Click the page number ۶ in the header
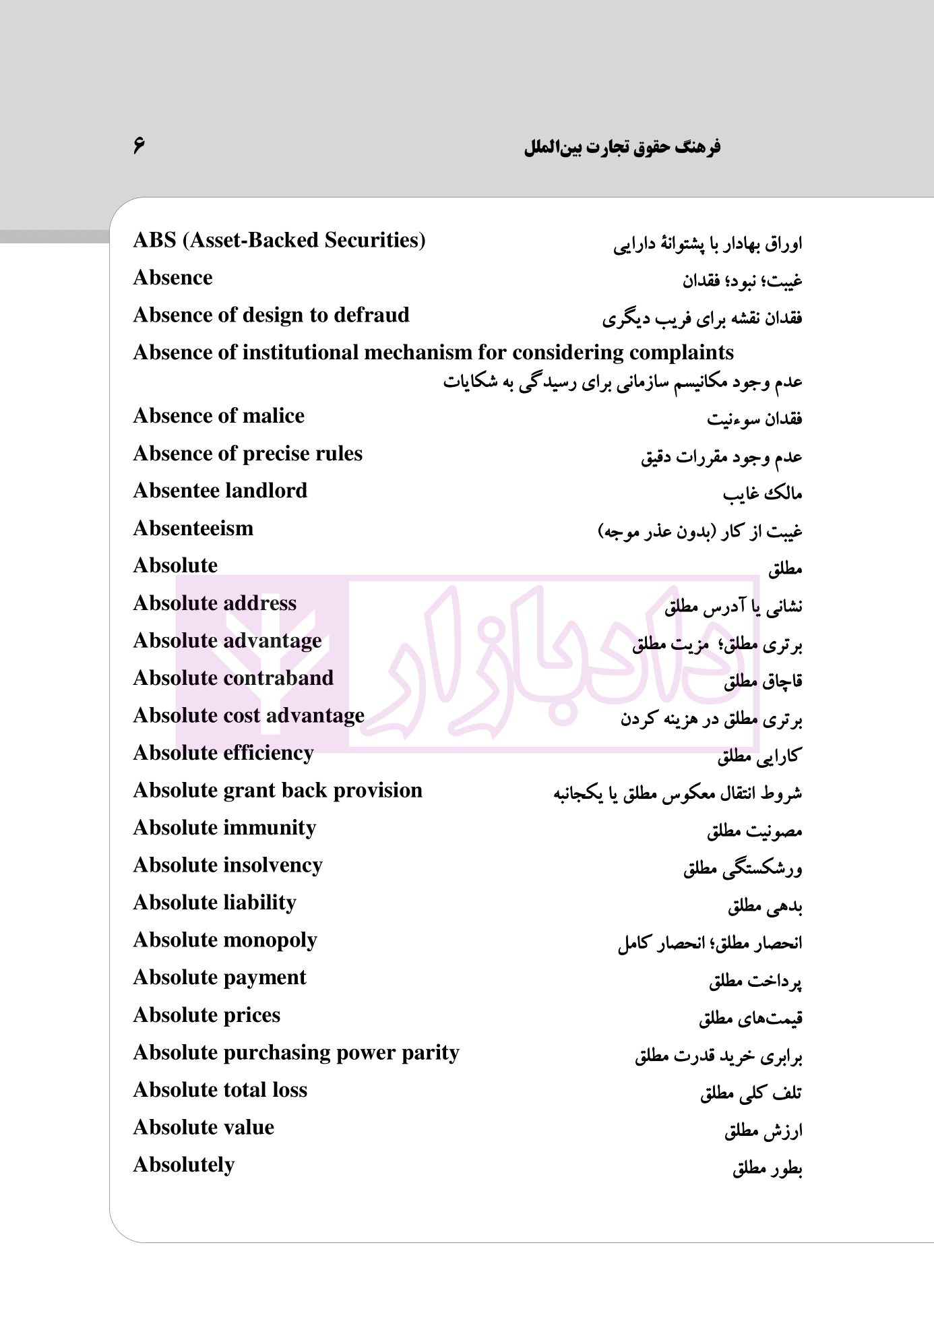[x=139, y=145]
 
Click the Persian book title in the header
[x=622, y=147]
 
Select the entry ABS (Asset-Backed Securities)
[x=279, y=240]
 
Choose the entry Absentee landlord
[x=220, y=491]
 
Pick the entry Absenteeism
[x=193, y=529]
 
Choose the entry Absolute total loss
[x=220, y=1090]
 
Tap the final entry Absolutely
[x=183, y=1165]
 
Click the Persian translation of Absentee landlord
[x=762, y=494]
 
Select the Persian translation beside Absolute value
[x=763, y=1130]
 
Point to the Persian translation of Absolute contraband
[x=763, y=682]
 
